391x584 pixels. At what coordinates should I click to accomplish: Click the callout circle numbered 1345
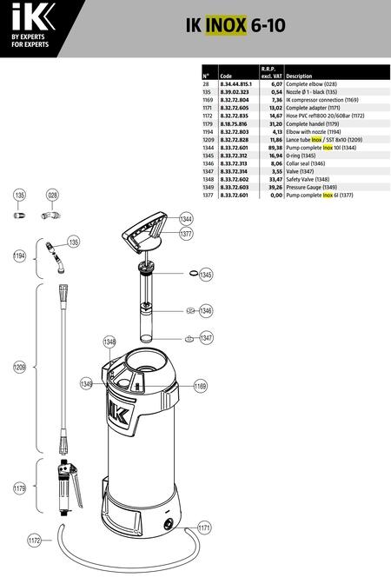[x=206, y=275]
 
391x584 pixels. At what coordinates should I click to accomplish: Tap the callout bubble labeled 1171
[x=203, y=528]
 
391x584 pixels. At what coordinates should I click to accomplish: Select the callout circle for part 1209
[x=19, y=368]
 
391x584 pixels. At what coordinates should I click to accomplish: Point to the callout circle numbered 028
[x=52, y=195]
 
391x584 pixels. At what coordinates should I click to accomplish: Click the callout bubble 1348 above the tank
[x=109, y=342]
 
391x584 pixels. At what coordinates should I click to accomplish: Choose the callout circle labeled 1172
[x=34, y=540]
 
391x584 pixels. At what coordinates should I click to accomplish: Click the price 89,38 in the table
[x=276, y=148]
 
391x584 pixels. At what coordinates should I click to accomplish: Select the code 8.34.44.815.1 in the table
[x=236, y=84]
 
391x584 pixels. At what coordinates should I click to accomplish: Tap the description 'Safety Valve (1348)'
[x=308, y=180]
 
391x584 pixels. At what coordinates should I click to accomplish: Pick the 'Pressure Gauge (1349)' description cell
[x=311, y=188]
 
